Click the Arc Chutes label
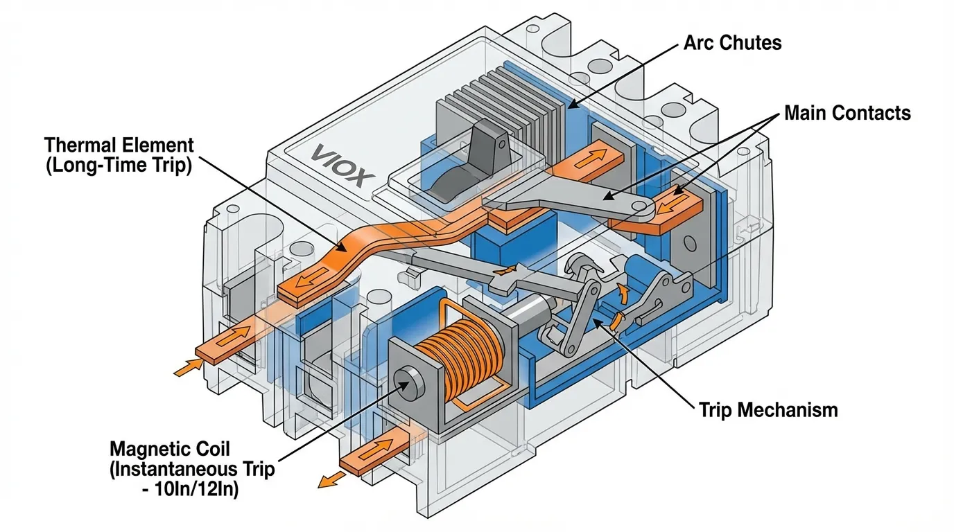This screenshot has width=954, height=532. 733,42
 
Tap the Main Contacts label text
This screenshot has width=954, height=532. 847,113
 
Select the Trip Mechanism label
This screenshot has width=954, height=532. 768,410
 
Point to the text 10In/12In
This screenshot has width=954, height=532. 196,490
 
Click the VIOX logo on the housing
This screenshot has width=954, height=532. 342,165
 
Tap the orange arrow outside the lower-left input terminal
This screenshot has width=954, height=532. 188,367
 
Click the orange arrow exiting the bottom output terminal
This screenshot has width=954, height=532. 332,479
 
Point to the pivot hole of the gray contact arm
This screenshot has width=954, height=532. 639,206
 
